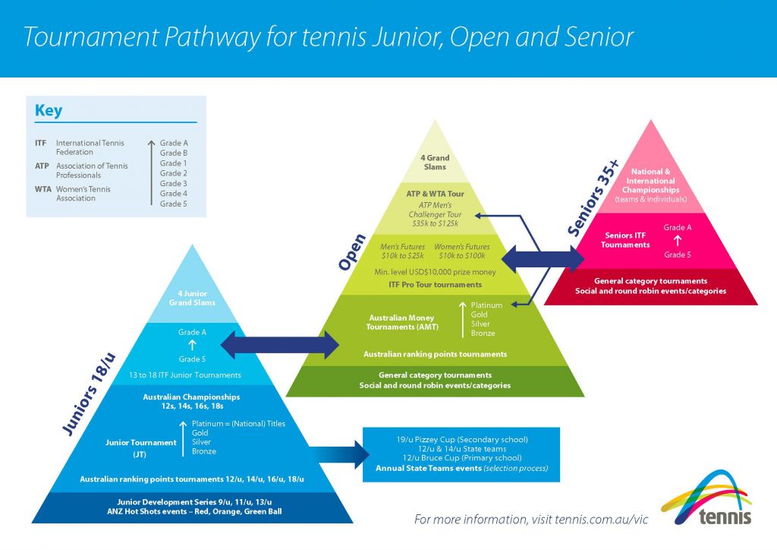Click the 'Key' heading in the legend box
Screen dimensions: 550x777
(x=49, y=112)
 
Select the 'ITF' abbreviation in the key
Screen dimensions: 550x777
(x=41, y=143)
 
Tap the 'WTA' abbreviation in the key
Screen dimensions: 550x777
(x=42, y=189)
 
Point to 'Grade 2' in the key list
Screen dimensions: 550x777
(x=174, y=173)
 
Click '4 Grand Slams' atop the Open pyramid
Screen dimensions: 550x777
(x=435, y=163)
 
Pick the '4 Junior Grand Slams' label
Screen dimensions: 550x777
(x=192, y=298)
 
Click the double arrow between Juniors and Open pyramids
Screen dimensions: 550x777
(x=279, y=344)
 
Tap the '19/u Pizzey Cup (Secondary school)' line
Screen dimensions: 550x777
(x=462, y=439)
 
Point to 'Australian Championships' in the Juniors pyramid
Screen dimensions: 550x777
(x=191, y=397)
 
